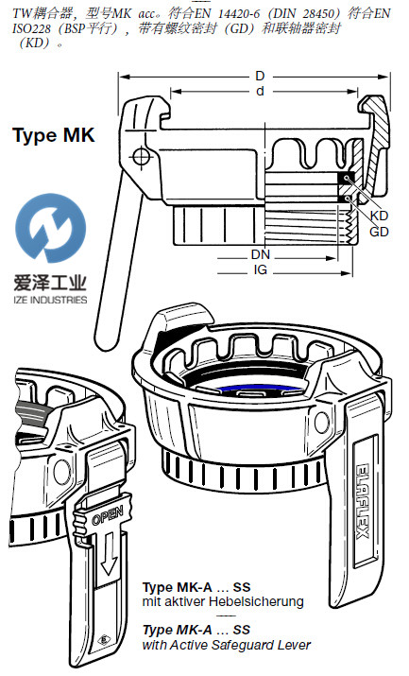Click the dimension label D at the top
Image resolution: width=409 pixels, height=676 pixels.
(x=260, y=76)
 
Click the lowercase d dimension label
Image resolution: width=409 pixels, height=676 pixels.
(x=260, y=92)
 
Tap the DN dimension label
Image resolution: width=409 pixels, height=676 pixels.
(x=260, y=254)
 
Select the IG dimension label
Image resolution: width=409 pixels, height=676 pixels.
(x=260, y=269)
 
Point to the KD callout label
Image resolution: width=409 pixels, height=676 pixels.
(x=379, y=216)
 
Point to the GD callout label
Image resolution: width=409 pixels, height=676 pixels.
(x=379, y=232)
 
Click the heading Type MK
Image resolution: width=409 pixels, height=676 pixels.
(x=54, y=136)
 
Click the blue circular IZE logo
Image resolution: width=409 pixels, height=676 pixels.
(x=50, y=228)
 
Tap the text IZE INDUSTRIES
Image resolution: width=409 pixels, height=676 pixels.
(x=50, y=300)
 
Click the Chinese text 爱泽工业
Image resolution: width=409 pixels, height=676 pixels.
(x=50, y=284)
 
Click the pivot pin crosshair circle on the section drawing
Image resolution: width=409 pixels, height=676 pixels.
(x=142, y=156)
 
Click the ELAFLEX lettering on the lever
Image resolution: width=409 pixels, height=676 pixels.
(x=363, y=501)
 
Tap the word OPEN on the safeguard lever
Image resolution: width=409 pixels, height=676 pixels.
(x=107, y=514)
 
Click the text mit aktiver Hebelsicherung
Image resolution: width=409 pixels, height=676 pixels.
(x=223, y=601)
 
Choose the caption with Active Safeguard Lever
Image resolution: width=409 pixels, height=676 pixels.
(x=227, y=645)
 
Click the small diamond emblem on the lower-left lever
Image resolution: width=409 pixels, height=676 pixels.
(x=103, y=640)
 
